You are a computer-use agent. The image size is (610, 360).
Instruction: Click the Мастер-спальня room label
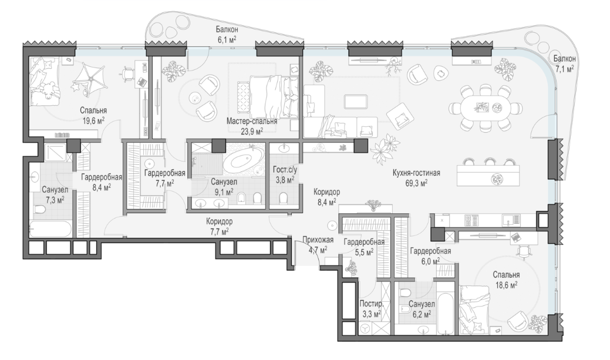coord(252,121)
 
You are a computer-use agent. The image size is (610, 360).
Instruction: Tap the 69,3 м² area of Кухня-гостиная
coord(416,183)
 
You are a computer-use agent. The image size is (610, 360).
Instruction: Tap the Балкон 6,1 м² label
coord(227,34)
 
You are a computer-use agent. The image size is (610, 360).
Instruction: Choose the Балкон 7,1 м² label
coord(564,64)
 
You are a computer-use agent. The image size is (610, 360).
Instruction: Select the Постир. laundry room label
coord(369,304)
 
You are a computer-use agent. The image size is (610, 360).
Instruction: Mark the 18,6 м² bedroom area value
coord(505,285)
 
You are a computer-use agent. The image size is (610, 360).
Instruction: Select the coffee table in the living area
coord(356,102)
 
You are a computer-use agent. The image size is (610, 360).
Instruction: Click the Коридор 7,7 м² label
coord(220,226)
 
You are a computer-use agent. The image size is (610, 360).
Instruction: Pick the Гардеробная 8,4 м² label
coord(102,181)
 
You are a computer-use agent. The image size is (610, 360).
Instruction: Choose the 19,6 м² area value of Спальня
coord(93,120)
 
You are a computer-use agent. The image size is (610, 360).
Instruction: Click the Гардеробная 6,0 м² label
coord(431,255)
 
